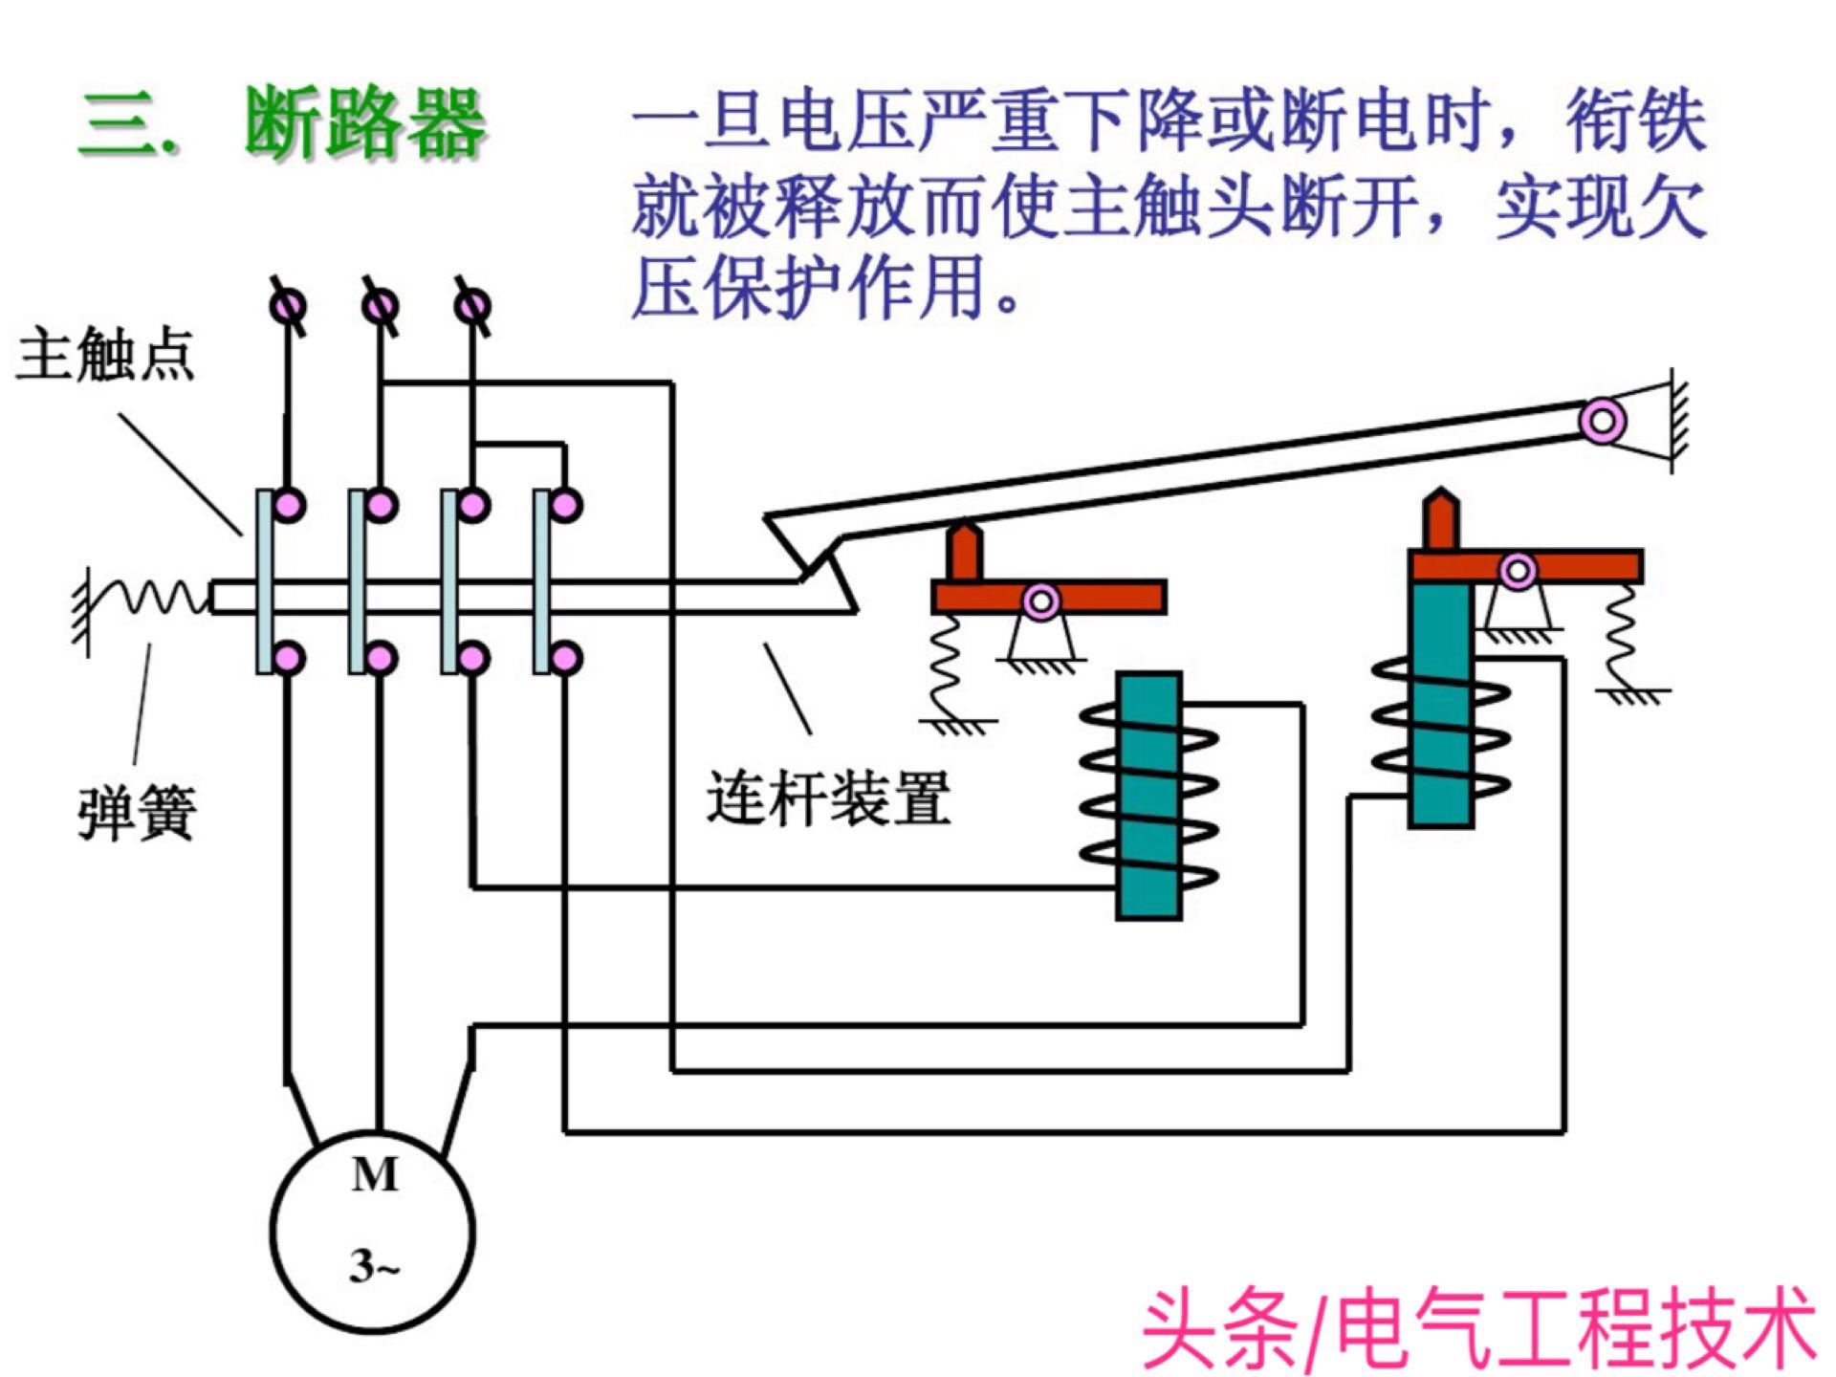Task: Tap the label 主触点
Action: pyautogui.click(x=105, y=354)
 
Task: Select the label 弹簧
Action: pyautogui.click(x=137, y=813)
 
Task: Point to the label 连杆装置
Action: pyautogui.click(x=828, y=798)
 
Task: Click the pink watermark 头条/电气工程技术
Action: pyautogui.click(x=1477, y=1329)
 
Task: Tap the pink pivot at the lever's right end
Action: pyautogui.click(x=1603, y=421)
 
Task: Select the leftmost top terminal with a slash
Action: pyautogui.click(x=289, y=307)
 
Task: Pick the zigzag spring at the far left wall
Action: pyautogui.click(x=153, y=598)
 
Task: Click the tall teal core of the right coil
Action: pyautogui.click(x=1440, y=703)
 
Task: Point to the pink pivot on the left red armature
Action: pyautogui.click(x=1041, y=602)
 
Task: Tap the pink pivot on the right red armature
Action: pyautogui.click(x=1518, y=572)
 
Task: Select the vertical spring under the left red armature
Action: pyautogui.click(x=947, y=665)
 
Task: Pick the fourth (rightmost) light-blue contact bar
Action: pyautogui.click(x=542, y=581)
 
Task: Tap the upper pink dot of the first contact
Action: pyautogui.click(x=289, y=505)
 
